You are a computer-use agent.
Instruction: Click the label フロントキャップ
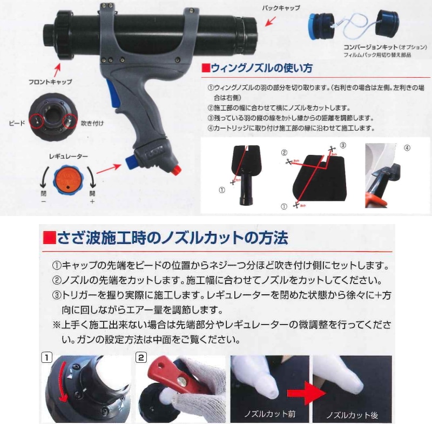point(50,82)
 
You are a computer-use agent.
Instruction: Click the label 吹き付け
point(92,123)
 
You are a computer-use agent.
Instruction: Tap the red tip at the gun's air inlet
point(175,170)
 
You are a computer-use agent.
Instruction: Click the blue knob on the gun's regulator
point(130,161)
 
